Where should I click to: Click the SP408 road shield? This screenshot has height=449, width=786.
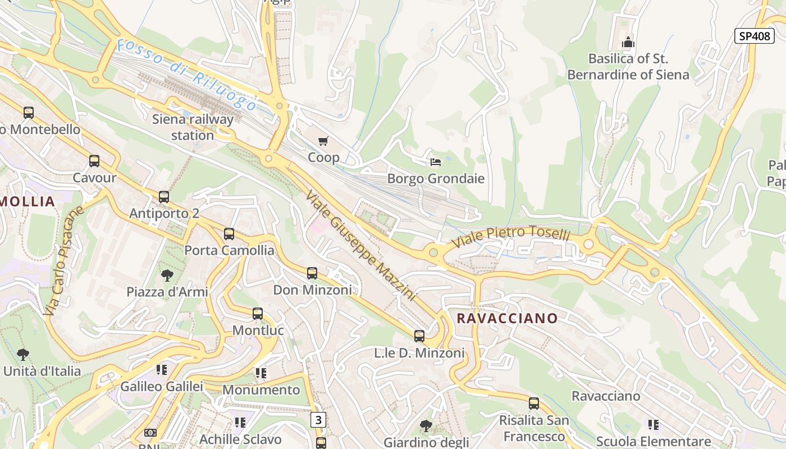754,36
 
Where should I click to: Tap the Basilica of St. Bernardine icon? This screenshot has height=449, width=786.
628,42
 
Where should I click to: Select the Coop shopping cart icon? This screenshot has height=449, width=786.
323,141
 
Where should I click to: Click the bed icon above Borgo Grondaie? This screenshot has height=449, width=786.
436,162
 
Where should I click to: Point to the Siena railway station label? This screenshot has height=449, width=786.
193,127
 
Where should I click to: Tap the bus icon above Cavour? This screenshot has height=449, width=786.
94,162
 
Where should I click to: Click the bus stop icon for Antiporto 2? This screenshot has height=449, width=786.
164,197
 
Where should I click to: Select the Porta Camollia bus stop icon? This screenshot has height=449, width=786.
229,234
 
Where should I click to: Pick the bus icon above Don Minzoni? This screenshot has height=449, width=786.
312,273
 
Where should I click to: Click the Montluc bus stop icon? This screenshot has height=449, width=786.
258,314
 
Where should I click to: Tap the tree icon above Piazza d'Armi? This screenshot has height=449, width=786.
167,275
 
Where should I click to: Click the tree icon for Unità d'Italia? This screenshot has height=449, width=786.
23,355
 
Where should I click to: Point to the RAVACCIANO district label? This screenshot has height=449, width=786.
507,318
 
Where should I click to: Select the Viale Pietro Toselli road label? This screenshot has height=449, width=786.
511,236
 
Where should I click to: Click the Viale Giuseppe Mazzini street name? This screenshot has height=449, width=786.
360,245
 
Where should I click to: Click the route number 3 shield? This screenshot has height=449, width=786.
318,419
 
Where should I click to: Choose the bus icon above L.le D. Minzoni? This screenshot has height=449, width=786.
419,336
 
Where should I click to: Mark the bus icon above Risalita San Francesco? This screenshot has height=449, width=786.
534,404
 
